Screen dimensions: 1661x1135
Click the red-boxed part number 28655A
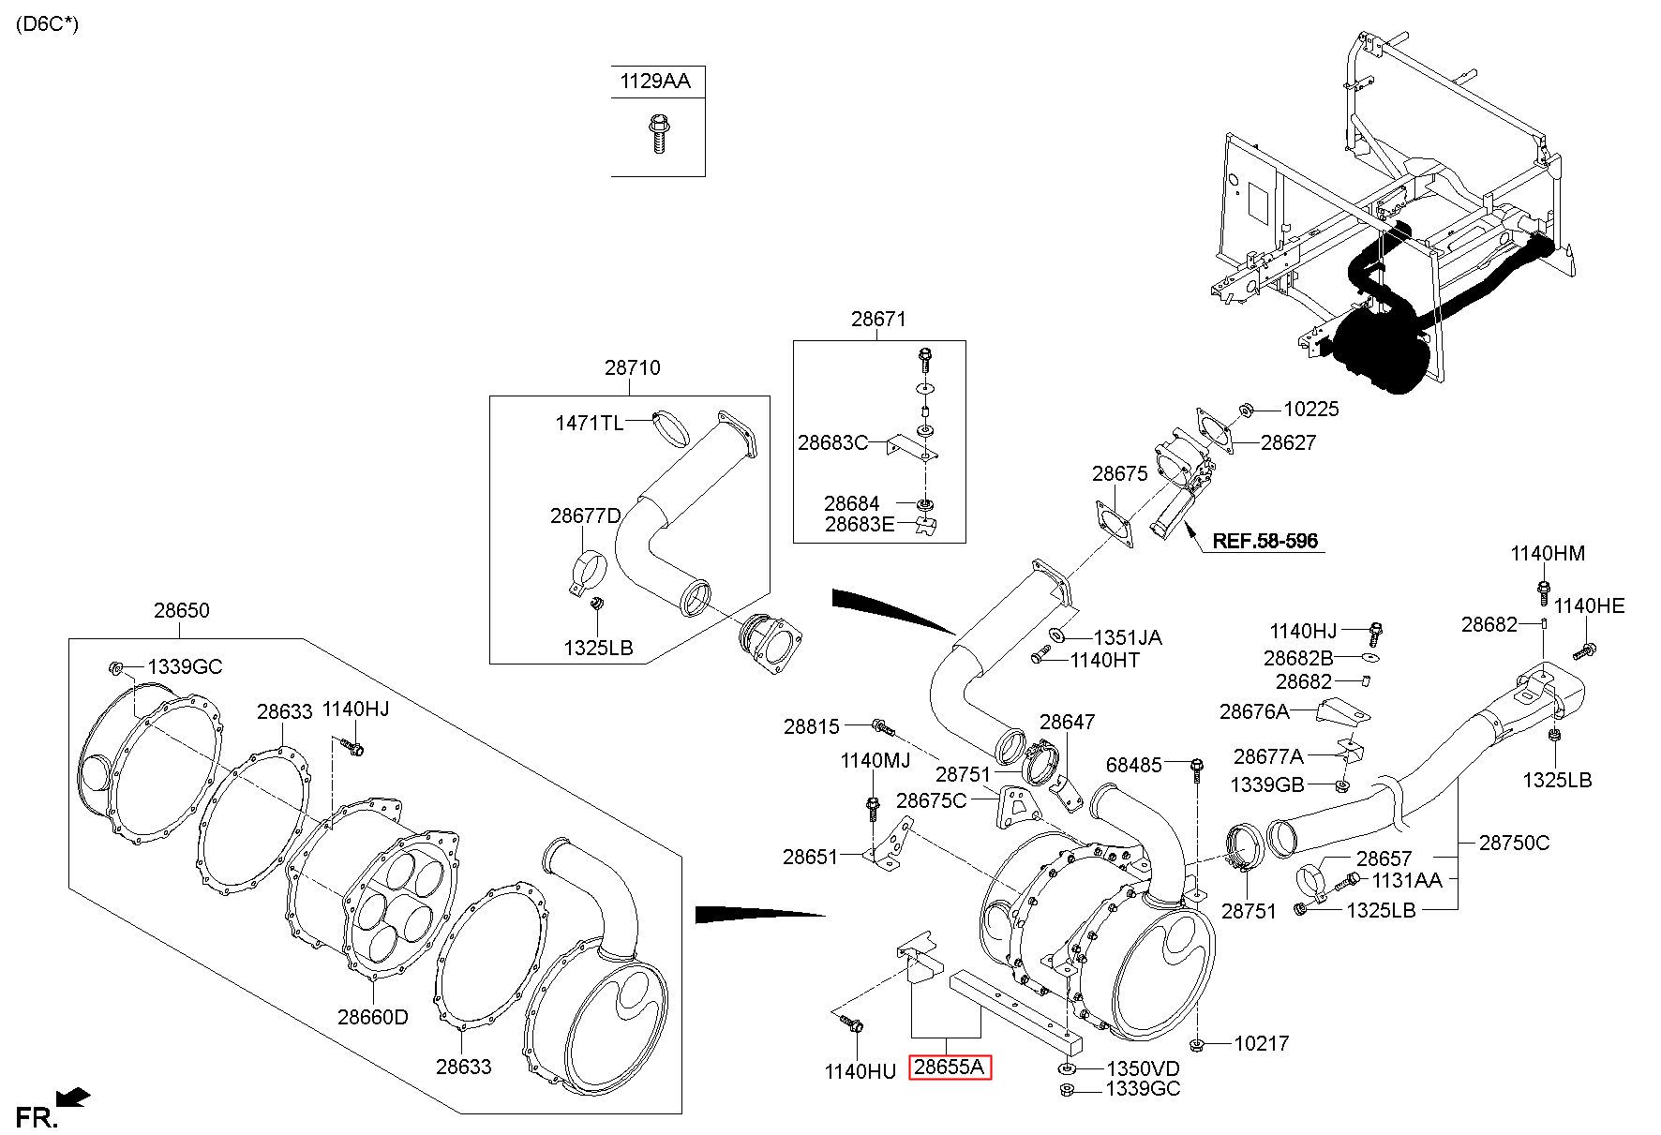(x=950, y=1067)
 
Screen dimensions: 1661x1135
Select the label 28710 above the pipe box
(x=632, y=368)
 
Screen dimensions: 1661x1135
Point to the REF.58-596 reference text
(x=1265, y=541)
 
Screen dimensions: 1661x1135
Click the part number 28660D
(x=373, y=1017)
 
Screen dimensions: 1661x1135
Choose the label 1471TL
(x=589, y=423)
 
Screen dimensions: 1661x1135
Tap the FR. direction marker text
(x=38, y=1117)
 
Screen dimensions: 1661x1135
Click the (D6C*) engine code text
(x=47, y=24)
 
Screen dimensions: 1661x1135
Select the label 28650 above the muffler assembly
(x=182, y=611)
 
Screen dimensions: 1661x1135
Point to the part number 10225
(x=1311, y=410)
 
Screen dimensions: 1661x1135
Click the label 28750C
(x=1515, y=843)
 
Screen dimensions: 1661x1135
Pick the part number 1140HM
(x=1548, y=554)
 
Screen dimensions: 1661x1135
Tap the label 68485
(x=1134, y=766)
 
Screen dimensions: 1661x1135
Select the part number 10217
(x=1262, y=1043)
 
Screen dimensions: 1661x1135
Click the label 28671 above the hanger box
(x=878, y=320)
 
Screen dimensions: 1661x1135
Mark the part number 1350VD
(x=1143, y=1069)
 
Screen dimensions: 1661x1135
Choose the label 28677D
(x=586, y=516)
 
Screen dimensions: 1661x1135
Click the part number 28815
(x=812, y=726)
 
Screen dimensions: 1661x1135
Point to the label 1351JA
(x=1128, y=638)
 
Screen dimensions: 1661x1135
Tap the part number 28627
(x=1288, y=443)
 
